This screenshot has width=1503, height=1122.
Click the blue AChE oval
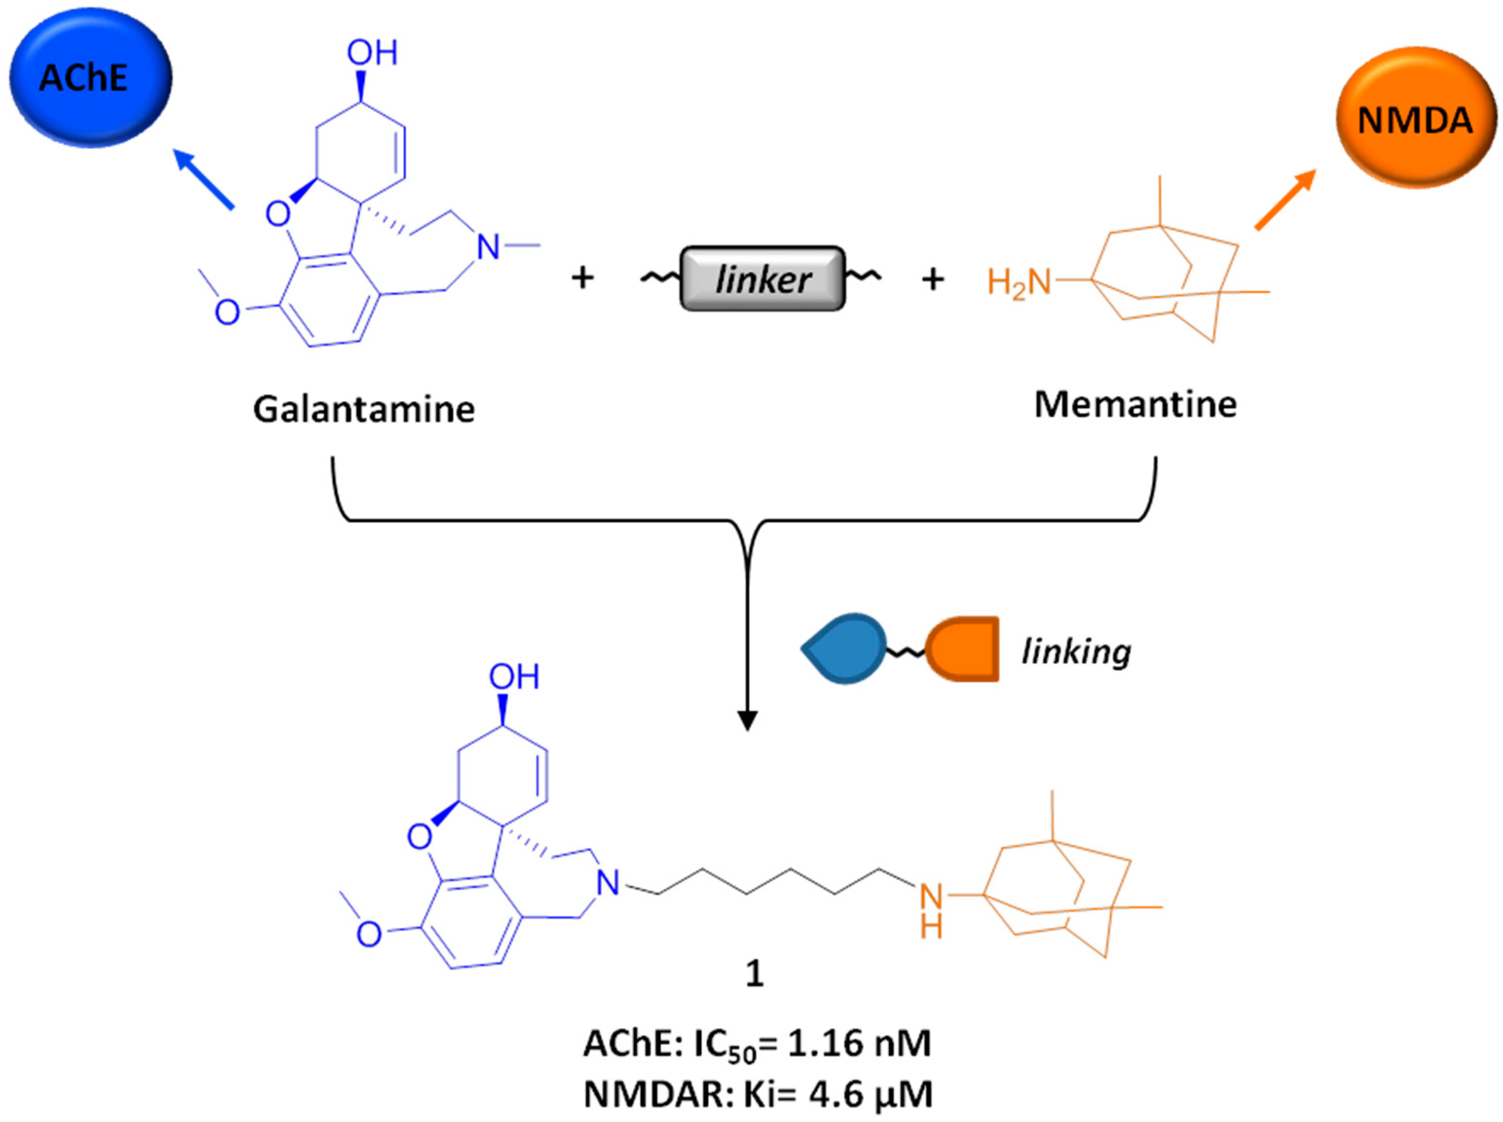point(91,77)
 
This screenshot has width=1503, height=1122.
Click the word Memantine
point(1135,405)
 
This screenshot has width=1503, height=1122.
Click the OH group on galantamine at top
point(372,54)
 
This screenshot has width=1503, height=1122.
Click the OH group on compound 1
point(514,677)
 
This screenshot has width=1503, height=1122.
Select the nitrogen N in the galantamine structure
point(488,247)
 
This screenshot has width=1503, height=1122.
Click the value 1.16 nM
point(853,1043)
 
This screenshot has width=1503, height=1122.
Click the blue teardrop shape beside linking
point(845,648)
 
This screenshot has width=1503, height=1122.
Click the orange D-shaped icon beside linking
point(963,648)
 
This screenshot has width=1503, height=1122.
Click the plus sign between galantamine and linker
point(582,278)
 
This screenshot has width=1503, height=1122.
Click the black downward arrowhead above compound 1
point(747,721)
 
